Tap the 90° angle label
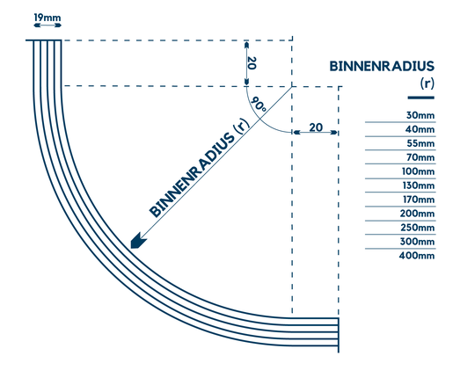point(259,105)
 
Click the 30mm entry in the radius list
point(420,116)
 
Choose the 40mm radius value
point(420,129)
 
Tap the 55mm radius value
point(420,143)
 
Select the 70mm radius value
point(420,157)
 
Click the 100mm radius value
point(418,171)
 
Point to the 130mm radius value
point(418,185)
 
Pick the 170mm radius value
point(418,200)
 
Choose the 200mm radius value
point(418,214)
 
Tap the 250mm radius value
point(418,228)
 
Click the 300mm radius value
point(418,242)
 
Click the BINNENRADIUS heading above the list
point(381,66)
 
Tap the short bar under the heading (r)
point(420,97)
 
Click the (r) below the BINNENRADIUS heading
point(427,84)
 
